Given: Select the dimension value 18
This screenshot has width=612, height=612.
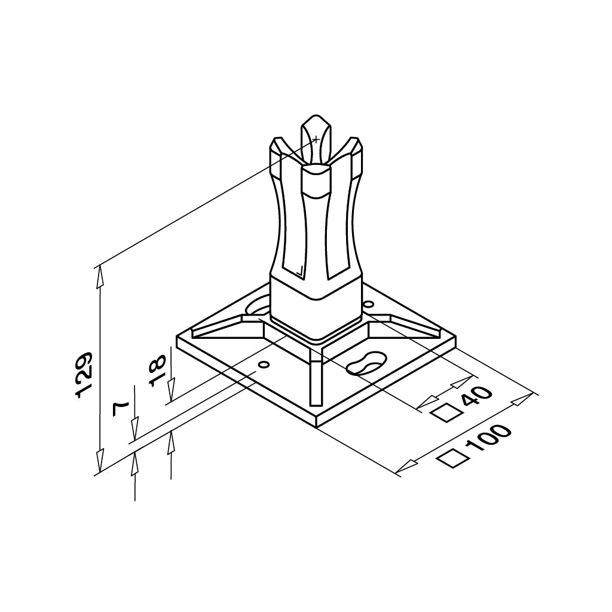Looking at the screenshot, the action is pos(158,370).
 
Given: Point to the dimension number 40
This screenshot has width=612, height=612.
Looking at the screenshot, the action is pos(476,398).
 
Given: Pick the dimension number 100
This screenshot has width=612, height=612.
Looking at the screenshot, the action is pos(488,439).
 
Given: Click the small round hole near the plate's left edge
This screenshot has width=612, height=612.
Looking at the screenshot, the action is pos(264,365).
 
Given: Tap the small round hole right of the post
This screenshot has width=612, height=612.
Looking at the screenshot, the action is pos(368,304).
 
